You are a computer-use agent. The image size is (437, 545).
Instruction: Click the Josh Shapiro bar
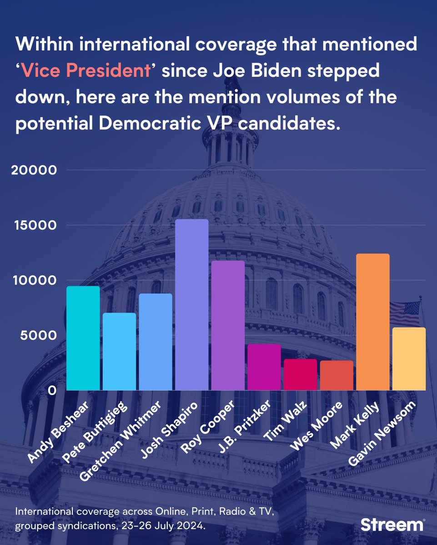coord(191,305)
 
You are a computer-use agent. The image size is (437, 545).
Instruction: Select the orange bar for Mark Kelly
coord(372,322)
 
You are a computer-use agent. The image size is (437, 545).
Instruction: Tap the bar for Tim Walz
coord(300,375)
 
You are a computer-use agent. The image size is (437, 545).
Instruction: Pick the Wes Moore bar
coord(337,376)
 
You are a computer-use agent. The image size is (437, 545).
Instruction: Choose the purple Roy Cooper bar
coord(228,325)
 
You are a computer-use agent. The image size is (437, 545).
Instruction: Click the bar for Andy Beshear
coord(83,338)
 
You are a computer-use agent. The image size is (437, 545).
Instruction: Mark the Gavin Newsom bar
coord(409,359)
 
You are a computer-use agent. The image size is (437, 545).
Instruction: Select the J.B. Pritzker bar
coord(264,367)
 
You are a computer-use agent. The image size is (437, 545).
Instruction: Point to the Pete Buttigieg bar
coord(119,352)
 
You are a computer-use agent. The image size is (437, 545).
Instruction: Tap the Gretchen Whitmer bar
coord(156,342)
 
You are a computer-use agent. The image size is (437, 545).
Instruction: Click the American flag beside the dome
coord(405,313)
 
